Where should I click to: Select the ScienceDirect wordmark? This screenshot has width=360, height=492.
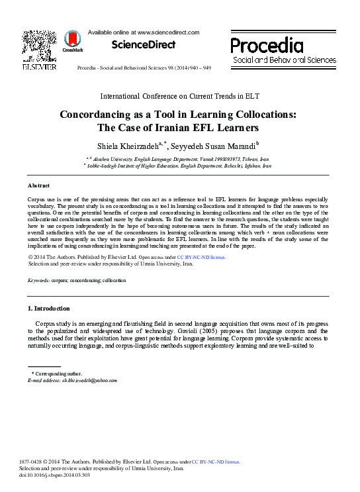click(x=143, y=45)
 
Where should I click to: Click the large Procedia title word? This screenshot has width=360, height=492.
click(x=267, y=46)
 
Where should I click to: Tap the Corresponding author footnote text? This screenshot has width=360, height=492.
click(x=55, y=374)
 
